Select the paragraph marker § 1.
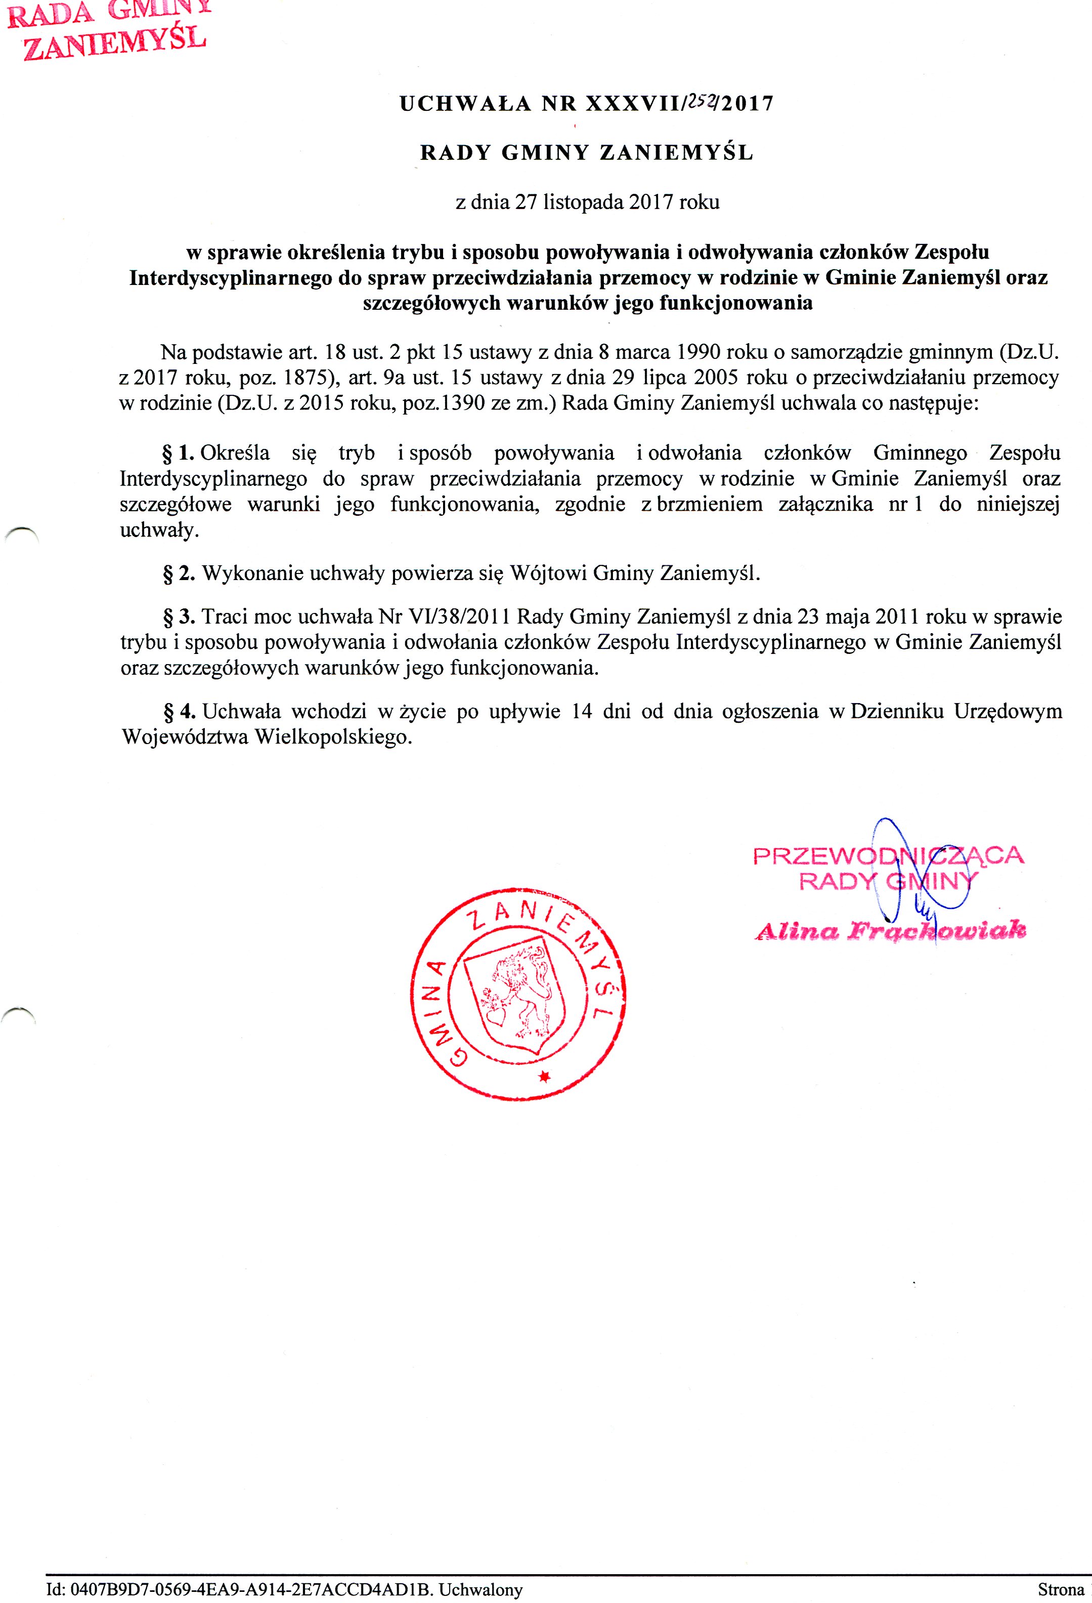[x=178, y=453]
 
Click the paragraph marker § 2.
[x=179, y=573]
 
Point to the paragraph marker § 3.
[x=179, y=616]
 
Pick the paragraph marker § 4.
[x=179, y=711]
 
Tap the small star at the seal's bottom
[x=545, y=1076]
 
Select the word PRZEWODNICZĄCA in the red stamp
[x=888, y=856]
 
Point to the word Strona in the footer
[x=1060, y=1590]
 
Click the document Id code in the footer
[x=239, y=1590]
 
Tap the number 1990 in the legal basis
[x=700, y=352]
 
